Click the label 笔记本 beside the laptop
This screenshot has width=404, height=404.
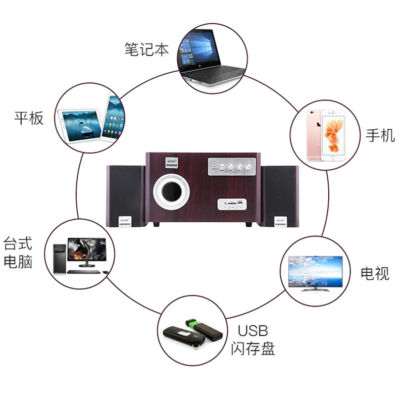pyautogui.click(x=146, y=49)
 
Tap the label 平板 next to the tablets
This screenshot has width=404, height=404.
pyautogui.click(x=29, y=118)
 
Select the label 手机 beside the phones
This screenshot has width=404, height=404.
pyautogui.click(x=380, y=135)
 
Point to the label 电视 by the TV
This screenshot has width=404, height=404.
pyautogui.click(x=375, y=273)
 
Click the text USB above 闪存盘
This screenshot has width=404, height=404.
pyautogui.click(x=252, y=331)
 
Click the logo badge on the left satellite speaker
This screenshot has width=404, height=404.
pyautogui.click(x=125, y=221)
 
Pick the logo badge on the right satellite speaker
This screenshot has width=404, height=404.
pyautogui.click(x=281, y=221)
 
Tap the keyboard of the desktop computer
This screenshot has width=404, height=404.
pyautogui.click(x=84, y=271)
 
